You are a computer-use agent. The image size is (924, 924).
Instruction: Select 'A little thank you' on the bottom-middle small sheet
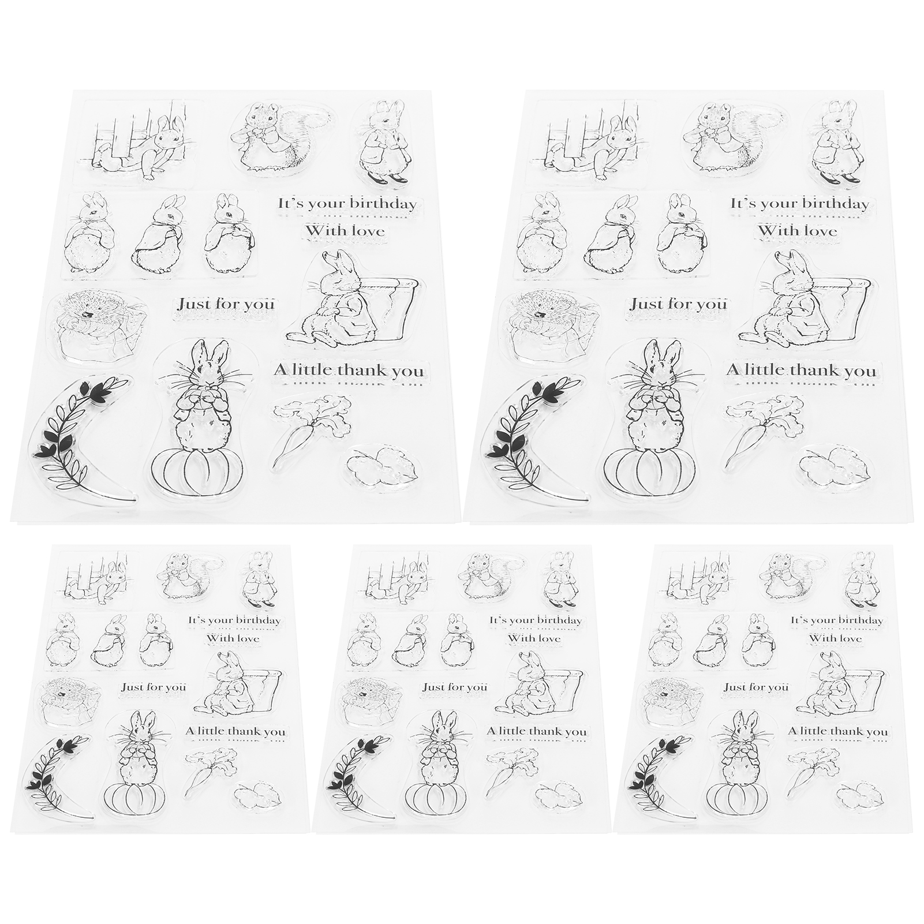tap(537, 732)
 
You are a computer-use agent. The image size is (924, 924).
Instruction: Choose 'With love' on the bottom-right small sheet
tap(835, 638)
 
